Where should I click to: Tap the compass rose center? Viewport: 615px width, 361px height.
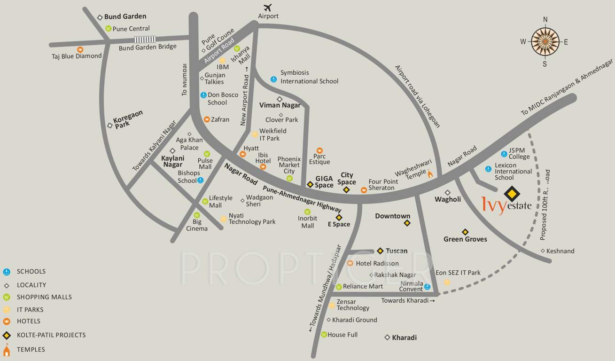[545, 41]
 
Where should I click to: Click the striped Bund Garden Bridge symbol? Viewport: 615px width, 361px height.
[145, 40]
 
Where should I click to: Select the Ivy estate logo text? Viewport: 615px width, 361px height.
[506, 205]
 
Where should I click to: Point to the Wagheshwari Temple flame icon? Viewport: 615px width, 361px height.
[429, 174]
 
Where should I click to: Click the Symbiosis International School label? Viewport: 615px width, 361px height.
[309, 77]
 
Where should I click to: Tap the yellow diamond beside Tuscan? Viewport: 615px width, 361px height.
[380, 251]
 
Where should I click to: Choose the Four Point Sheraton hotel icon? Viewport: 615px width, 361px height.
[364, 190]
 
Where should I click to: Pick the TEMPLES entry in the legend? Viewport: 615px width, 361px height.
[31, 349]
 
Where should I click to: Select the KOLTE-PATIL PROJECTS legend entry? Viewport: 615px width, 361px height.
[51, 335]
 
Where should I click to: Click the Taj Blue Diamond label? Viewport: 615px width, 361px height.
[77, 56]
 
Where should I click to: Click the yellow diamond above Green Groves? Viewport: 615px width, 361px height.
[465, 232]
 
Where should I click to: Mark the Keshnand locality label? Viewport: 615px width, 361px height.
[560, 251]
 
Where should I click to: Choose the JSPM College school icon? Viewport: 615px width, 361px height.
[504, 154]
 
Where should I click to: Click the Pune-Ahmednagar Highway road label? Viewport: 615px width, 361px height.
[302, 198]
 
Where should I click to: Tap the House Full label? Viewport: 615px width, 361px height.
[343, 335]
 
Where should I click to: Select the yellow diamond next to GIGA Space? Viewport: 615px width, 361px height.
[310, 184]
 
